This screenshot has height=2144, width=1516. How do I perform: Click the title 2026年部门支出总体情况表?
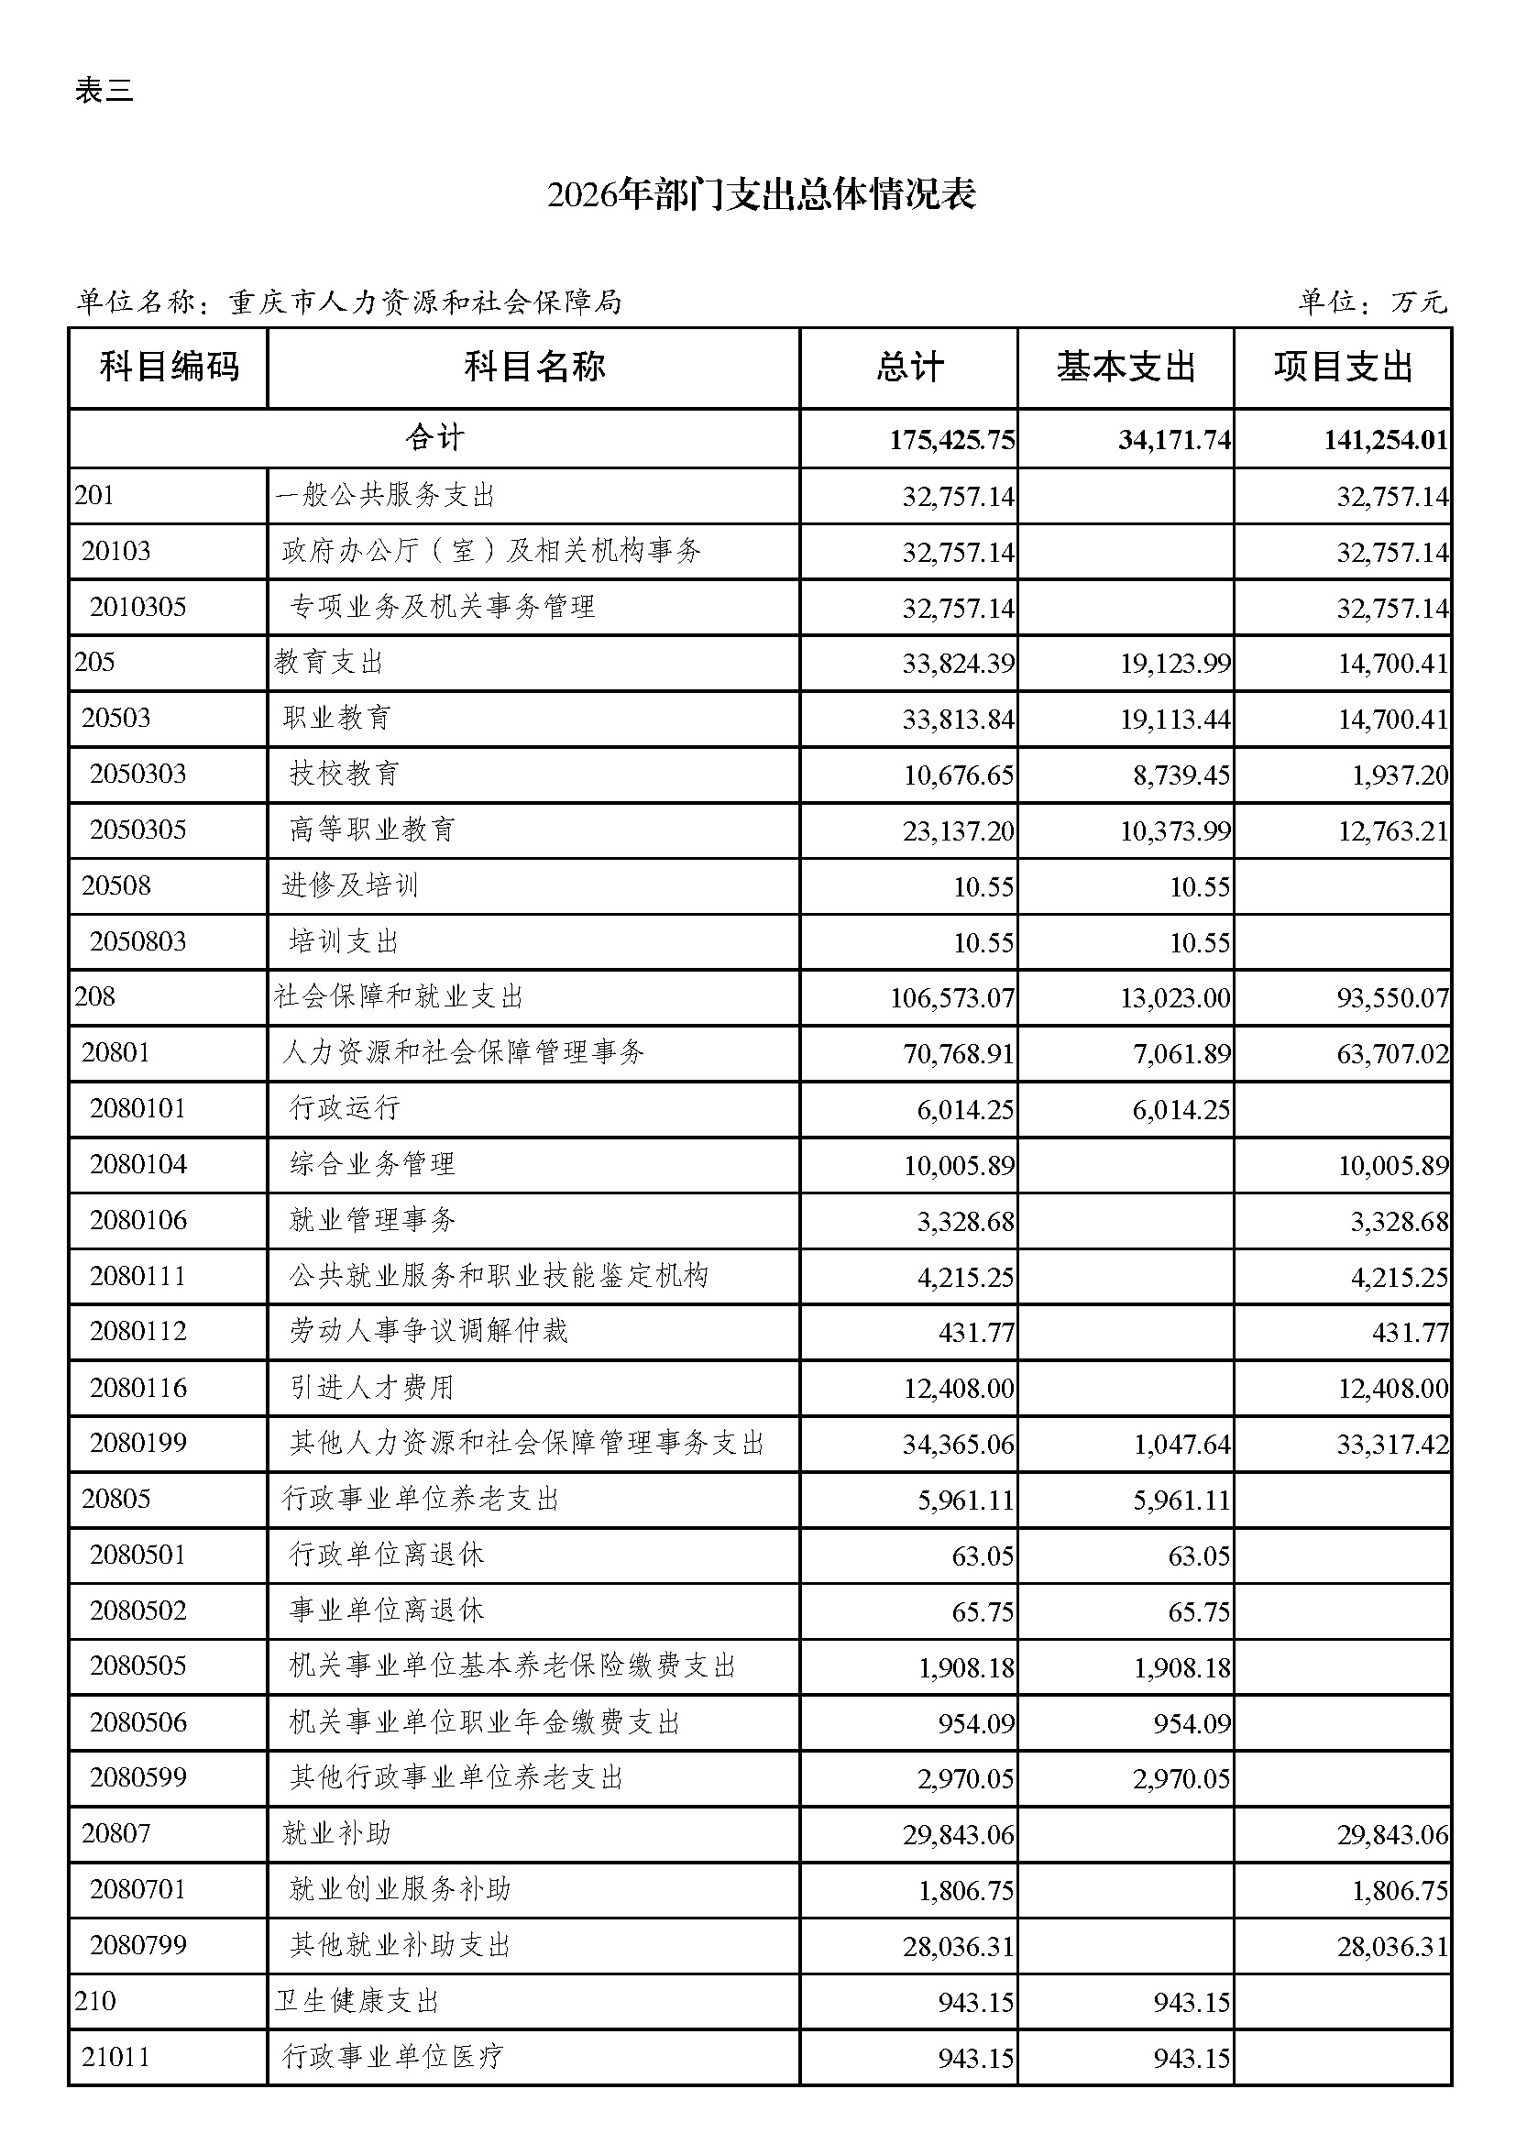(x=761, y=194)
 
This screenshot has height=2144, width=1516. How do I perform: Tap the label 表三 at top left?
(x=104, y=91)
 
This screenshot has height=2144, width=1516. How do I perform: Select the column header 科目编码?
(x=169, y=367)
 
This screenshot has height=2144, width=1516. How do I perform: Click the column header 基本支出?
(x=1125, y=367)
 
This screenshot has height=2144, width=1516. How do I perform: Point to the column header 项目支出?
(x=1343, y=367)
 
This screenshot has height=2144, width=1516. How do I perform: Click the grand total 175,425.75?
(x=951, y=440)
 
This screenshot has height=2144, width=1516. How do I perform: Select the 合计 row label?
(x=434, y=438)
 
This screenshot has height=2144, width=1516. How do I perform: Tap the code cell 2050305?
(x=138, y=830)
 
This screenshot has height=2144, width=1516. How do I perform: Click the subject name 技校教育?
(x=345, y=774)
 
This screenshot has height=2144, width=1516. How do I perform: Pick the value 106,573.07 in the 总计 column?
(x=951, y=998)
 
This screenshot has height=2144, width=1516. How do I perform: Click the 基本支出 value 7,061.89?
(x=1181, y=1054)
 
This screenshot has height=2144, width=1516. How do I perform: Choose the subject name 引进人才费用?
(x=371, y=1388)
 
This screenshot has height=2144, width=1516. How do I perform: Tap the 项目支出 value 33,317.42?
(x=1392, y=1445)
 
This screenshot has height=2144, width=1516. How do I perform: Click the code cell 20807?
(x=115, y=1834)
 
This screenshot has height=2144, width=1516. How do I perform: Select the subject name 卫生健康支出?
(x=357, y=2001)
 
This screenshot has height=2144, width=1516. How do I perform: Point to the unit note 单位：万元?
(x=1371, y=302)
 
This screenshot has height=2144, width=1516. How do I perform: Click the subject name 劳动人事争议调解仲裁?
(x=428, y=1332)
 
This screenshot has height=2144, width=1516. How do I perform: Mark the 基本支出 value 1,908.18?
(x=1181, y=1667)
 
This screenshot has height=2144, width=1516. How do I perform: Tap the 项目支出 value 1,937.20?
(x=1400, y=775)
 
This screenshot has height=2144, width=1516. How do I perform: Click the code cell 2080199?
(x=138, y=1443)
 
